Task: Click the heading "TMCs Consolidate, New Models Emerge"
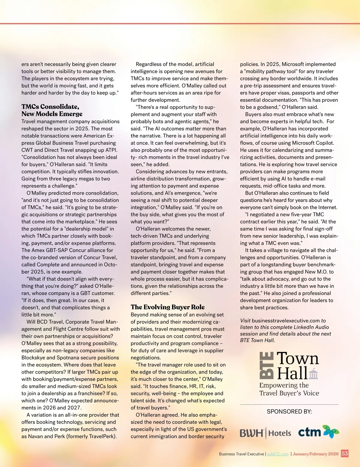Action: click(52, 110)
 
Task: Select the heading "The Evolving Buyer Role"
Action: click(167, 307)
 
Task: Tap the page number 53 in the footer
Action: click(345, 454)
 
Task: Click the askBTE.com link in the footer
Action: click(277, 454)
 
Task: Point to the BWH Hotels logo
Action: click(265, 433)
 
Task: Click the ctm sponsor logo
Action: click(318, 432)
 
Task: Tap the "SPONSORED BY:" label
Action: click(289, 412)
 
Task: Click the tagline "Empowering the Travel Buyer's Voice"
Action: click(289, 389)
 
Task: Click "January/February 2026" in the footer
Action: click(315, 454)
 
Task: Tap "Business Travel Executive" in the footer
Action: click(241, 454)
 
